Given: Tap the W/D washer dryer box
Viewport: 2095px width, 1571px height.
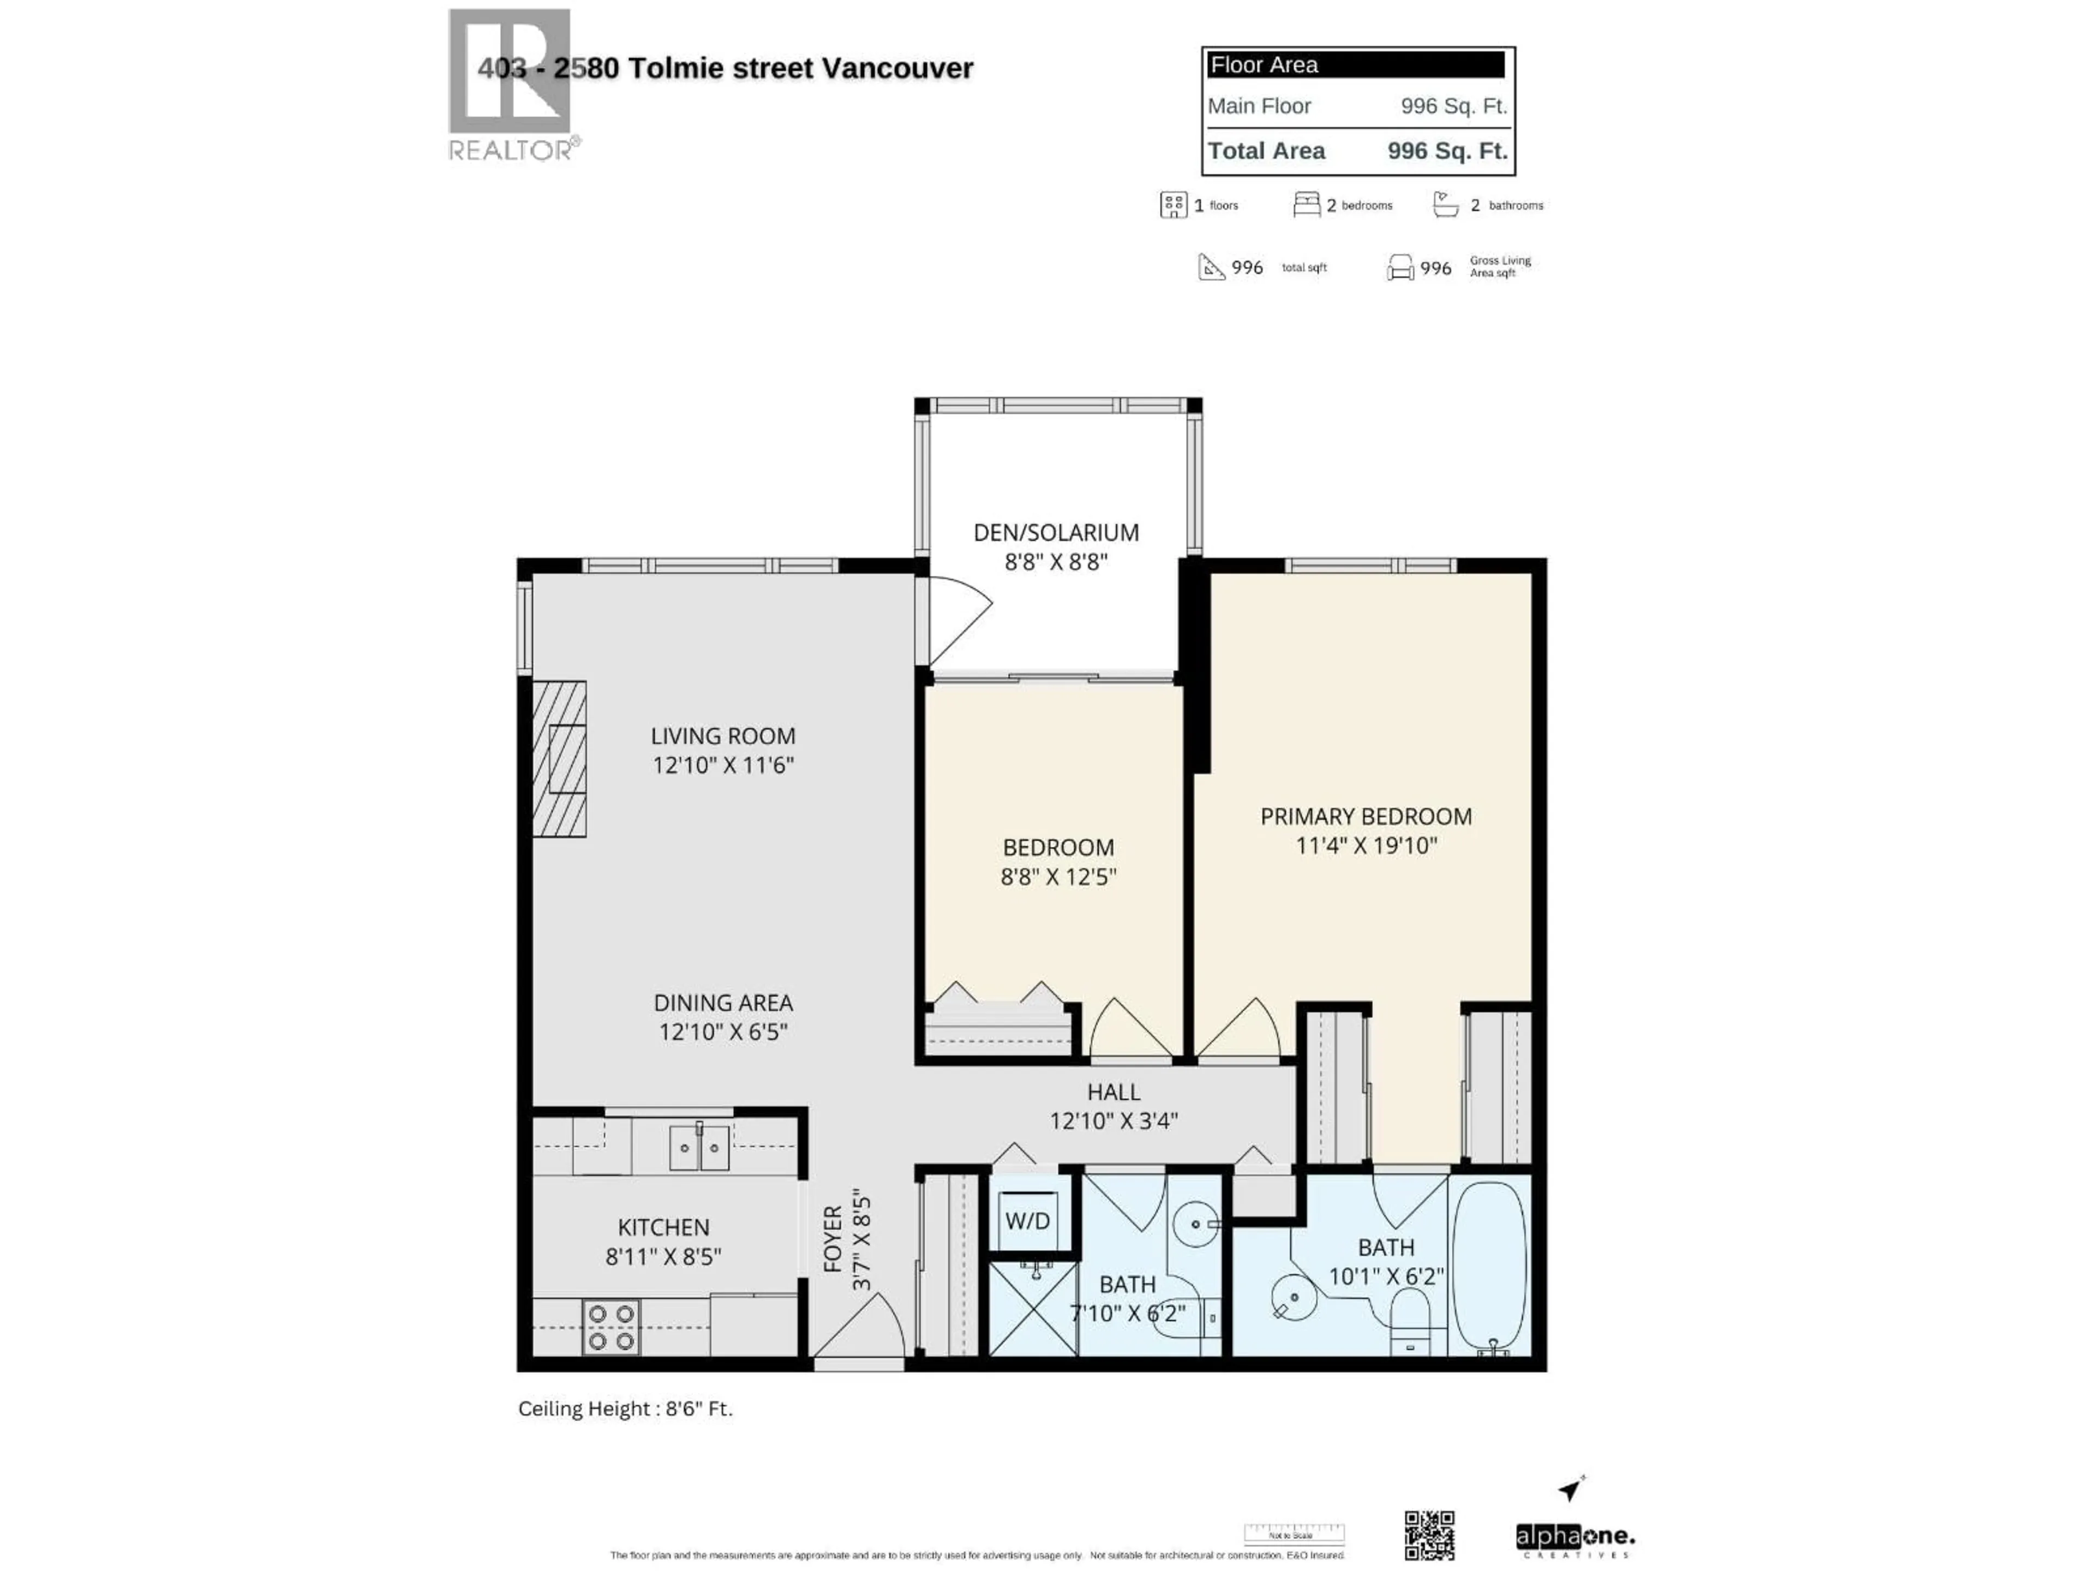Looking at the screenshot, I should (1028, 1221).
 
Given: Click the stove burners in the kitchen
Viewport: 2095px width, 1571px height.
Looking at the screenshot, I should (611, 1327).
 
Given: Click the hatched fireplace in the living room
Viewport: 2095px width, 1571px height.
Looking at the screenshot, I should (559, 759).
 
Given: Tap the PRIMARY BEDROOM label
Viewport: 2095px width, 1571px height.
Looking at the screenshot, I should (1365, 816).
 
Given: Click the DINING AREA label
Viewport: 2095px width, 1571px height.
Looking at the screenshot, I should (723, 1002).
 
